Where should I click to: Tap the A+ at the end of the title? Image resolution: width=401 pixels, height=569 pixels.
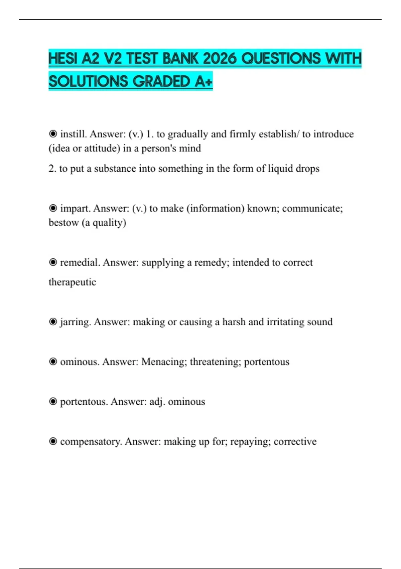(x=203, y=82)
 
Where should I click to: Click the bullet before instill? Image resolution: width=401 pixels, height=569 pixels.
(x=53, y=134)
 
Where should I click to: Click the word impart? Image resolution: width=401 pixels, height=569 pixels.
(x=75, y=209)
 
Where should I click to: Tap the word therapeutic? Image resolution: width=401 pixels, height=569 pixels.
(x=72, y=282)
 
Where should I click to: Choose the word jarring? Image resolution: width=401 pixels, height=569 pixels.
(x=75, y=322)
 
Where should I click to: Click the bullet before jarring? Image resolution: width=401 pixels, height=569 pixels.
(x=53, y=322)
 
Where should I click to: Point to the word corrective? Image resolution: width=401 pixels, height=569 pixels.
(x=295, y=441)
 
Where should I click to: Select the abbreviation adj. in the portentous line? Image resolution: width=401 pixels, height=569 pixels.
(x=157, y=402)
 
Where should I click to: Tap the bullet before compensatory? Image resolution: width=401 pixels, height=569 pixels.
(x=53, y=441)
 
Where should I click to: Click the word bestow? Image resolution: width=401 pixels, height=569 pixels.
(x=63, y=223)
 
